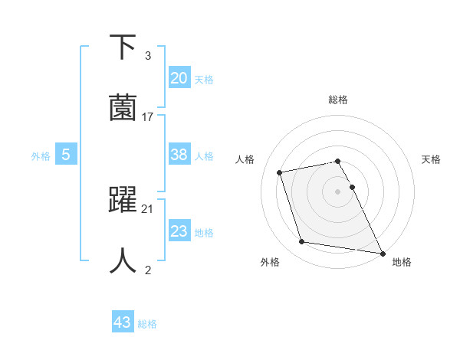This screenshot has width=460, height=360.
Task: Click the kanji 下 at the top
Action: [123, 47]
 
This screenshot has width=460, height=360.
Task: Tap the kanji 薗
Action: [123, 107]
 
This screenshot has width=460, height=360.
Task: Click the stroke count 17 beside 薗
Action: [148, 116]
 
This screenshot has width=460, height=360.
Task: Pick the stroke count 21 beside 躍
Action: [148, 208]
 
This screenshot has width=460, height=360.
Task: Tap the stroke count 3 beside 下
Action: [147, 56]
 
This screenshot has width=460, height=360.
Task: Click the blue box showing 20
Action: [179, 77]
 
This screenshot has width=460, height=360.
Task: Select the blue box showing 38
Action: [179, 155]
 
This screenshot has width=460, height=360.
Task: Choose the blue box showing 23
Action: [179, 231]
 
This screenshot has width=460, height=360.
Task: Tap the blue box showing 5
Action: [66, 155]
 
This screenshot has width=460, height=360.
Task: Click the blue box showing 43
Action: [122, 322]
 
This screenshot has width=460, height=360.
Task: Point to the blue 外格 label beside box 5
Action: [41, 156]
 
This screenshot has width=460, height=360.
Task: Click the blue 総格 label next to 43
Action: [147, 324]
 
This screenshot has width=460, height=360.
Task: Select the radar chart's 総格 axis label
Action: [338, 100]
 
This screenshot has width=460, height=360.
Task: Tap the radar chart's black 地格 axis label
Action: [402, 262]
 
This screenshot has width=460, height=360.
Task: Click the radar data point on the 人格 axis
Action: [280, 172]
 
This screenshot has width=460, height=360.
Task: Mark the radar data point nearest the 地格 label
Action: [381, 253]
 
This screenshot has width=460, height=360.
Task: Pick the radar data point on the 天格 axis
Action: [352, 187]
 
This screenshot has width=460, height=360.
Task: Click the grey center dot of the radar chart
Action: [338, 191]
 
